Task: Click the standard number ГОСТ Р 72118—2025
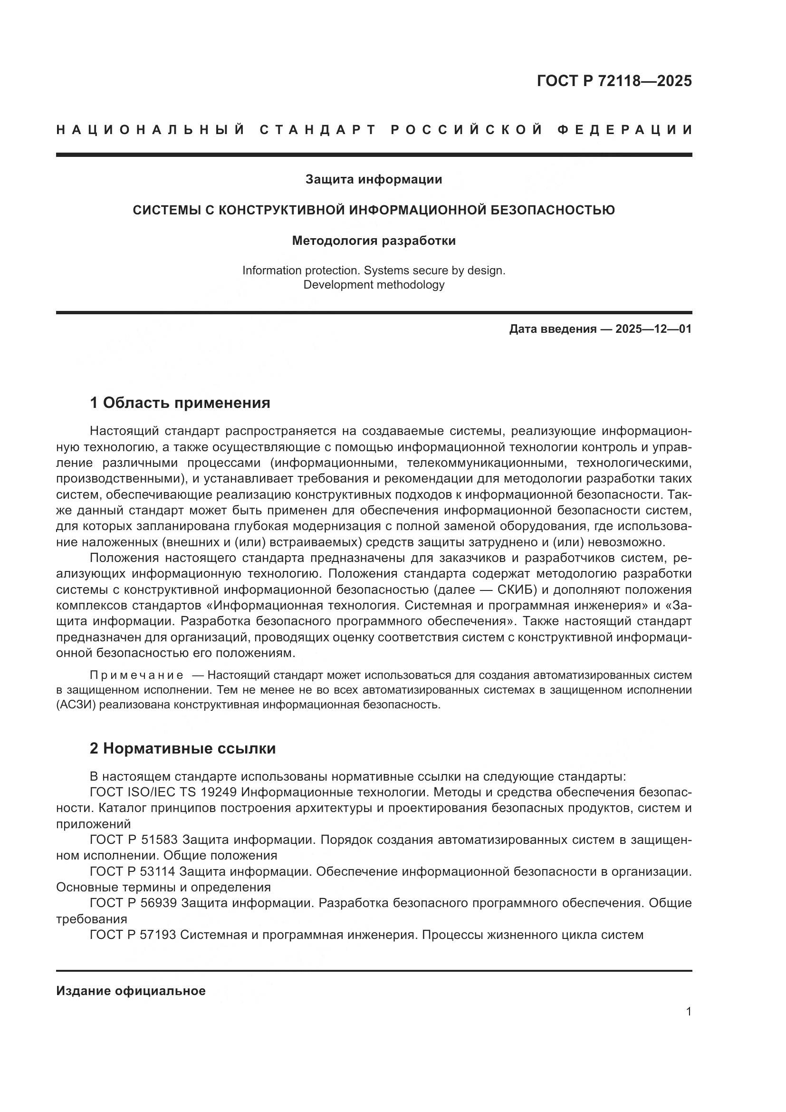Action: (x=613, y=81)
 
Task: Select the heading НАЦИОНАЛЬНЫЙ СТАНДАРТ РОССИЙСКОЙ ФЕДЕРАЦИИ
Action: (x=374, y=130)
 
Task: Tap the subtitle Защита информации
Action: (x=374, y=180)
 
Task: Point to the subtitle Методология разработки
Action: (x=374, y=241)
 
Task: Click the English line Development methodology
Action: (x=374, y=285)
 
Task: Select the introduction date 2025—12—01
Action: (x=653, y=329)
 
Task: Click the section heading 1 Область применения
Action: (x=180, y=403)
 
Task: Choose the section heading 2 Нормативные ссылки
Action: (x=182, y=748)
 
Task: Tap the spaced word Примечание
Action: (x=136, y=675)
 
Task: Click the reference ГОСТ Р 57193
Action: (x=134, y=935)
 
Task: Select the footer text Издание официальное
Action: (x=131, y=991)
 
